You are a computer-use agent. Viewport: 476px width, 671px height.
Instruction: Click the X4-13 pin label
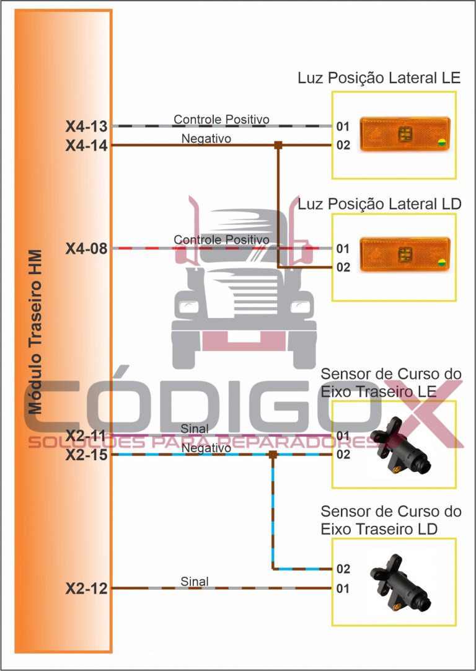click(87, 127)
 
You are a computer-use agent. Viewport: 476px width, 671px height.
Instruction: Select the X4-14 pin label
click(87, 146)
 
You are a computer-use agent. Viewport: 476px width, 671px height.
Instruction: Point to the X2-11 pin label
click(87, 435)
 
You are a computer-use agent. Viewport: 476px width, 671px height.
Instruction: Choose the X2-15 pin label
click(87, 455)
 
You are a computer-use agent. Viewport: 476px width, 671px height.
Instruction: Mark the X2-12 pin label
click(87, 588)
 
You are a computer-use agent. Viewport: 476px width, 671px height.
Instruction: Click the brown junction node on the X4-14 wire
click(278, 146)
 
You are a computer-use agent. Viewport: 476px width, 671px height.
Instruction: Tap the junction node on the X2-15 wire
click(273, 455)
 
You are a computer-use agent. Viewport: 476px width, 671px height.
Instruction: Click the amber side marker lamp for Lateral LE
click(404, 133)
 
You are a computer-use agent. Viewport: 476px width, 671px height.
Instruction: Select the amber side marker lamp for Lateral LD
click(404, 254)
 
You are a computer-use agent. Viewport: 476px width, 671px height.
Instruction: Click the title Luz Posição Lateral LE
click(379, 79)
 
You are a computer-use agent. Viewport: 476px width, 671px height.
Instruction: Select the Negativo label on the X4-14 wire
click(206, 138)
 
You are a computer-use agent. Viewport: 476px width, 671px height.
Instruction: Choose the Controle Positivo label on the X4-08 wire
click(221, 239)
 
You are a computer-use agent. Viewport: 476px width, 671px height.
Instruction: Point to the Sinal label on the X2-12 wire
click(195, 581)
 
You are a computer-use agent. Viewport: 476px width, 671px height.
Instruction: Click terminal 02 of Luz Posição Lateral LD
click(343, 268)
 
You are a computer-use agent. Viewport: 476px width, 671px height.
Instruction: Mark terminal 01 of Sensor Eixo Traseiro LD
click(343, 588)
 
